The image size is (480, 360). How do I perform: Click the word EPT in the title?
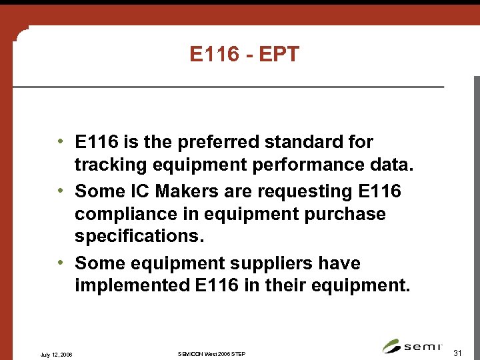281,55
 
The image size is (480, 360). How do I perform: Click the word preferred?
223,143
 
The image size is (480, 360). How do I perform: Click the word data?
394,165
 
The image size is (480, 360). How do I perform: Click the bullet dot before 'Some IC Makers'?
60,191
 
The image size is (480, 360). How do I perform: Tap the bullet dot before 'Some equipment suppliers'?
60,263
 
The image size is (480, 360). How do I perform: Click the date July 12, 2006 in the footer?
57,353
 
